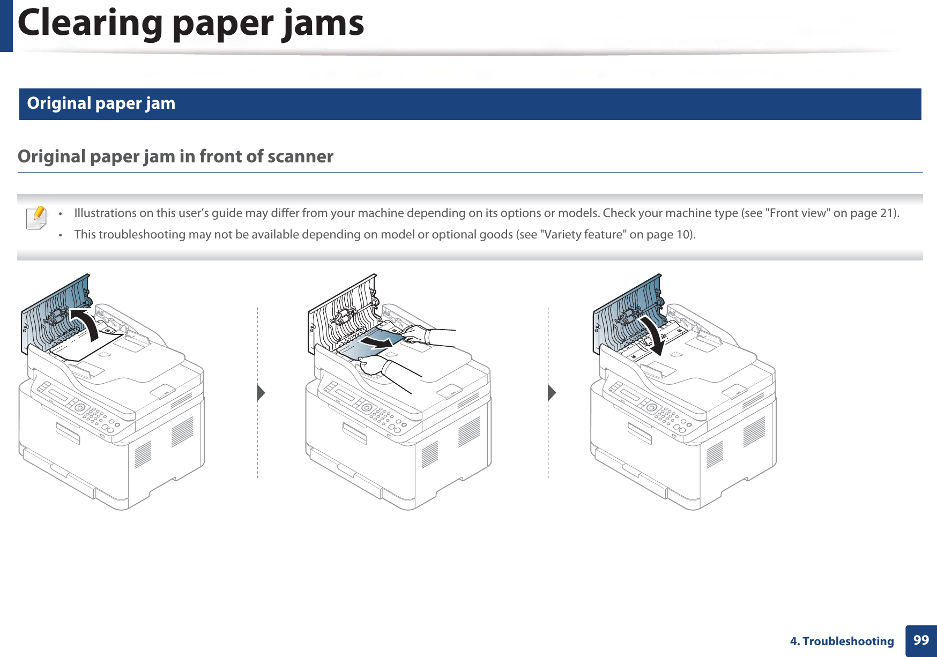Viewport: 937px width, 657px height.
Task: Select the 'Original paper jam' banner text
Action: click(x=101, y=103)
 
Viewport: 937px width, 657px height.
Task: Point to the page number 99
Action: click(x=920, y=640)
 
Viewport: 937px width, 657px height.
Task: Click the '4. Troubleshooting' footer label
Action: click(x=842, y=641)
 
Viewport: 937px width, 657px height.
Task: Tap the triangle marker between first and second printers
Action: click(x=261, y=393)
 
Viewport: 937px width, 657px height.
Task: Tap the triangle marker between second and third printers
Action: click(x=552, y=393)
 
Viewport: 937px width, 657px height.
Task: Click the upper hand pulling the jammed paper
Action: click(x=415, y=334)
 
